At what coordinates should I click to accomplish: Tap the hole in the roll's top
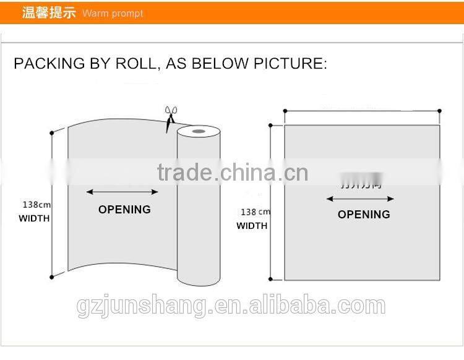pos(199,131)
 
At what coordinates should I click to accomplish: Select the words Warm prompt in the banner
pos(113,14)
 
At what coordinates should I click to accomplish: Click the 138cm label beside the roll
pos(37,204)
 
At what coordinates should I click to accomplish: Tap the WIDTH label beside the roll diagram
pos(34,218)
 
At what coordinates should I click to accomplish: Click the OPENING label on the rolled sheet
pos(124,210)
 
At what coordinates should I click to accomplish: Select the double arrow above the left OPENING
pos(122,192)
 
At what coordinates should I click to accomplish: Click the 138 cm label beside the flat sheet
pos(256,212)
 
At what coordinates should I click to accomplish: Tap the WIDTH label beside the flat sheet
pos(252,226)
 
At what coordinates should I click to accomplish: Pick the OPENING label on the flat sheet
pos(364,215)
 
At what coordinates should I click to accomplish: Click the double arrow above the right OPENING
pos(360,199)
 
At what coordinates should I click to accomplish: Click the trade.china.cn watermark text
pos(232,172)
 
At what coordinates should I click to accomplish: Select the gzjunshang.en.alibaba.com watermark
pos(231,306)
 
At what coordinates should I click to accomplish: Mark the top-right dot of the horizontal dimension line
pos(440,111)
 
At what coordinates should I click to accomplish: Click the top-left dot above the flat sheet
pos(285,111)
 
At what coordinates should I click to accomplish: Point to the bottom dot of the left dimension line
pos(51,278)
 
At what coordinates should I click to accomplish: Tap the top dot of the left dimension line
pos(51,132)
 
